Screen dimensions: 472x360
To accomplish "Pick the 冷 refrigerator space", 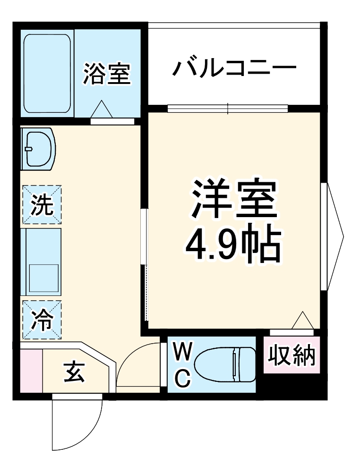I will click(42, 320).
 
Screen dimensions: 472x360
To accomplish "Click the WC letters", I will click(182, 364).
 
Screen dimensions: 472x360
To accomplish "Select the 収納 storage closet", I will click(291, 355).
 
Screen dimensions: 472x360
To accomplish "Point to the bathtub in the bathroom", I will click(48, 73).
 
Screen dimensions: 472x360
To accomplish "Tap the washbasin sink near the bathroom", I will click(40, 149).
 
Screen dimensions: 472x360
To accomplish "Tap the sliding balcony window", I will click(228, 108).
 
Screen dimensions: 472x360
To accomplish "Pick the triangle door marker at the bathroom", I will click(102, 110).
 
